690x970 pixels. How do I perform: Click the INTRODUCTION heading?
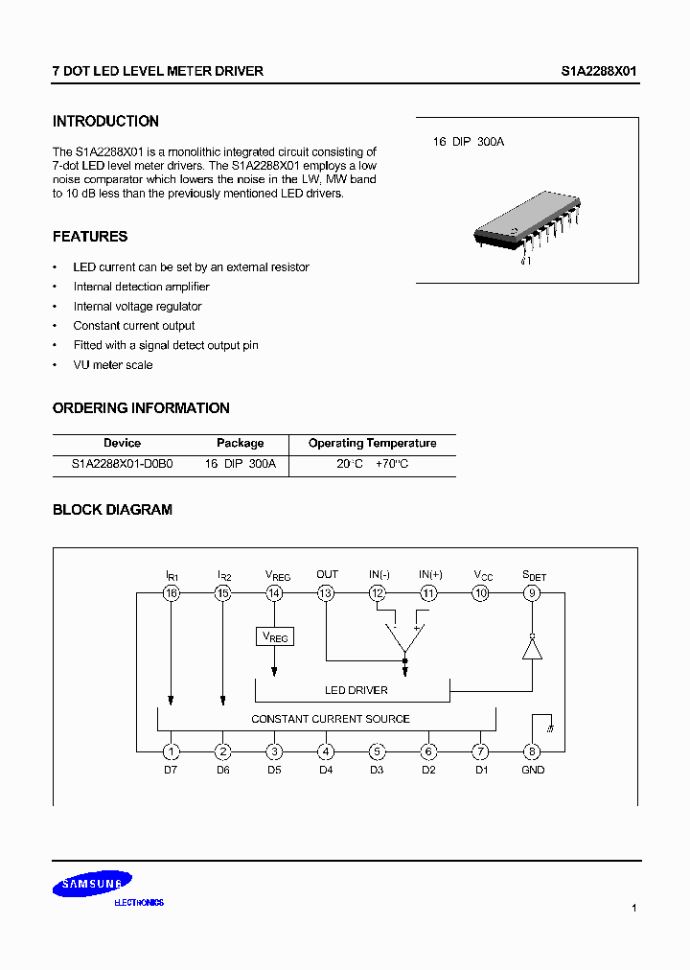click(x=105, y=122)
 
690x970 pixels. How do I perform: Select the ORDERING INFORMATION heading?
click(x=141, y=408)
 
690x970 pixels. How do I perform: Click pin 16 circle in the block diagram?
click(x=171, y=594)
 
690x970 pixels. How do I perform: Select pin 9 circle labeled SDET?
click(x=532, y=594)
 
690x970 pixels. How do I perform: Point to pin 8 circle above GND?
click(x=532, y=752)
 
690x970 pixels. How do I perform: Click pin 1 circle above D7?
click(x=171, y=752)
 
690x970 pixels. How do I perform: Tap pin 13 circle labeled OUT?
click(x=326, y=594)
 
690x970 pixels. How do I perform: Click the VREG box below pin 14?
click(x=274, y=636)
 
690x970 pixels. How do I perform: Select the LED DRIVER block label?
click(x=356, y=690)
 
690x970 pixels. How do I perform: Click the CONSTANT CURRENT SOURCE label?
click(x=331, y=719)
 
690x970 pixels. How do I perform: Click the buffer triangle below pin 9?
click(x=532, y=648)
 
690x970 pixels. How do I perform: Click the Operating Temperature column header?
click(x=372, y=444)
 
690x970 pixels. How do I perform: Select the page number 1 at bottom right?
click(x=634, y=908)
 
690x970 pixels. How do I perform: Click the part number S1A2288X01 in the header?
click(x=599, y=72)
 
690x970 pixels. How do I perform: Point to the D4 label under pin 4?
click(x=326, y=770)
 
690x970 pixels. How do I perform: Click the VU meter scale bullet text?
click(x=113, y=365)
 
